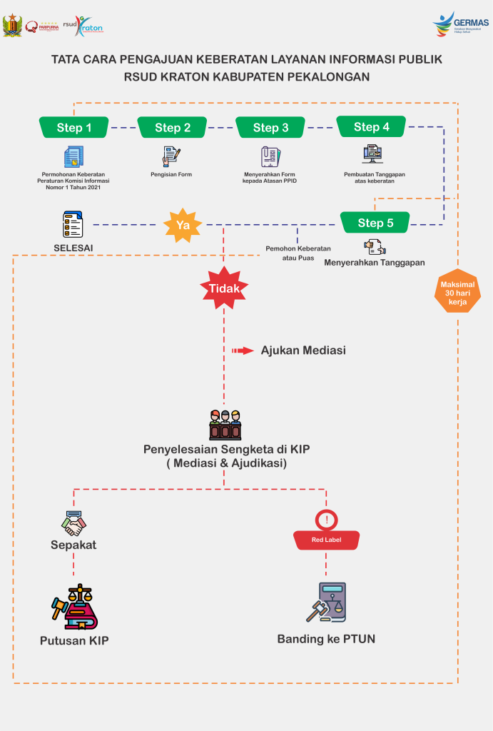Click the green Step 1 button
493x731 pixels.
click(x=74, y=128)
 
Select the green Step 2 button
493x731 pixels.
click(x=172, y=128)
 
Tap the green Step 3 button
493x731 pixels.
click(x=270, y=128)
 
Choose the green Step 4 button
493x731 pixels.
click(x=371, y=127)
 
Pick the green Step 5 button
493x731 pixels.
click(x=375, y=223)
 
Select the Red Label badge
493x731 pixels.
click(x=326, y=540)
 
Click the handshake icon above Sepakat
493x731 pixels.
click(x=73, y=524)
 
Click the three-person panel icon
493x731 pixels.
click(x=225, y=425)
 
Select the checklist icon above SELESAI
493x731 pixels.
click(x=73, y=224)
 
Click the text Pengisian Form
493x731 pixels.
click(x=171, y=174)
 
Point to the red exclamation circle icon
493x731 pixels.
click(x=326, y=520)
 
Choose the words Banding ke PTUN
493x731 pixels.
click(x=326, y=639)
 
